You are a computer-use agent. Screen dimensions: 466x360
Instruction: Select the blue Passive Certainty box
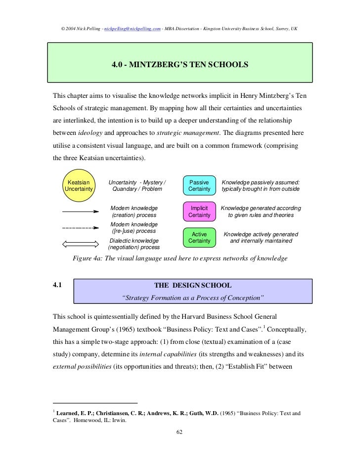pos(200,186)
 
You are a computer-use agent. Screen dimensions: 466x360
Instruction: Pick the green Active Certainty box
pos(200,238)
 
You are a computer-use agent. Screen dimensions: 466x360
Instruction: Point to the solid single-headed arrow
pos(78,211)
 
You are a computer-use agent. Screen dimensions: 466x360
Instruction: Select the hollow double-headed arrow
pos(78,243)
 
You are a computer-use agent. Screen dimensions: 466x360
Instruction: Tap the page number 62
pos(180,433)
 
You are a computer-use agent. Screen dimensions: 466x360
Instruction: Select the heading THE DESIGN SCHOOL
pos(192,285)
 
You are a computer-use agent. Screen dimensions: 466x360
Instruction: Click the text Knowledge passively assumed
pos(260,182)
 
